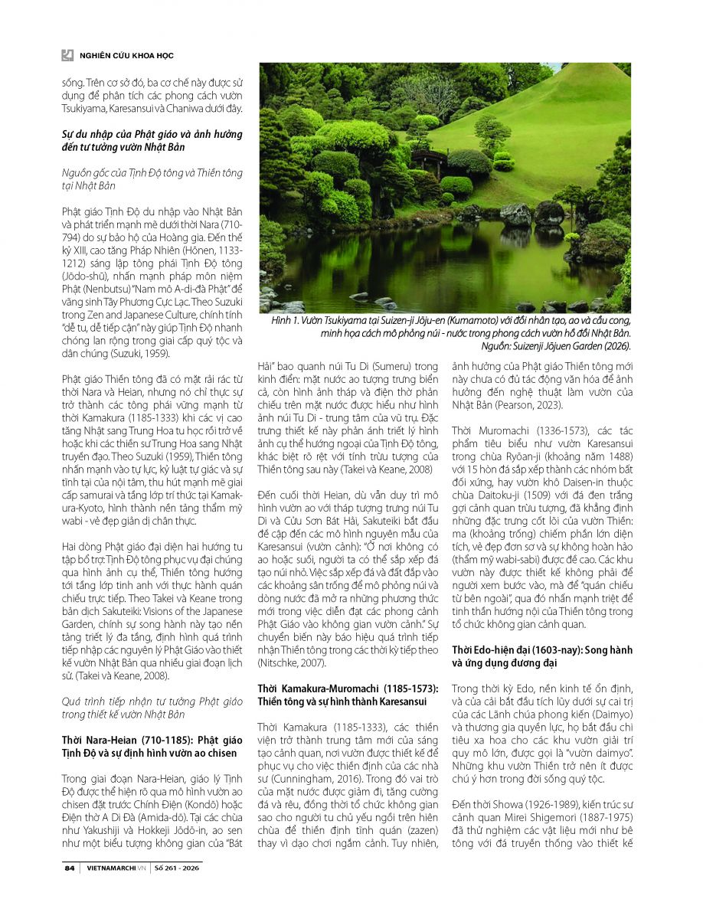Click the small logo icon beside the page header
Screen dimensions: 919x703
(x=67, y=55)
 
